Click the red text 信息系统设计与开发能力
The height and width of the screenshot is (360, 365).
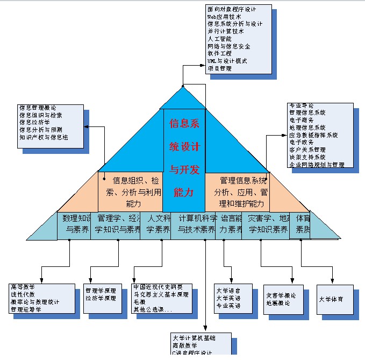184,157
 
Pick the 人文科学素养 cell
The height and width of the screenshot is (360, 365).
159,224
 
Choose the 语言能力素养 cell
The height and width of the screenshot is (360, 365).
229,224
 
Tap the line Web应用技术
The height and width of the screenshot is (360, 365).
224,17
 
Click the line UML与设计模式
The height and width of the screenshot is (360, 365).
227,61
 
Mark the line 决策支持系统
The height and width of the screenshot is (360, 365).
307,157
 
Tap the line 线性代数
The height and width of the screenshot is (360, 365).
22,294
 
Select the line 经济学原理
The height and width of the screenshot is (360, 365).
101,298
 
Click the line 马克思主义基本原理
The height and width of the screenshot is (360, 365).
161,294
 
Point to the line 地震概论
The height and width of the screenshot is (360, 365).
278,303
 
